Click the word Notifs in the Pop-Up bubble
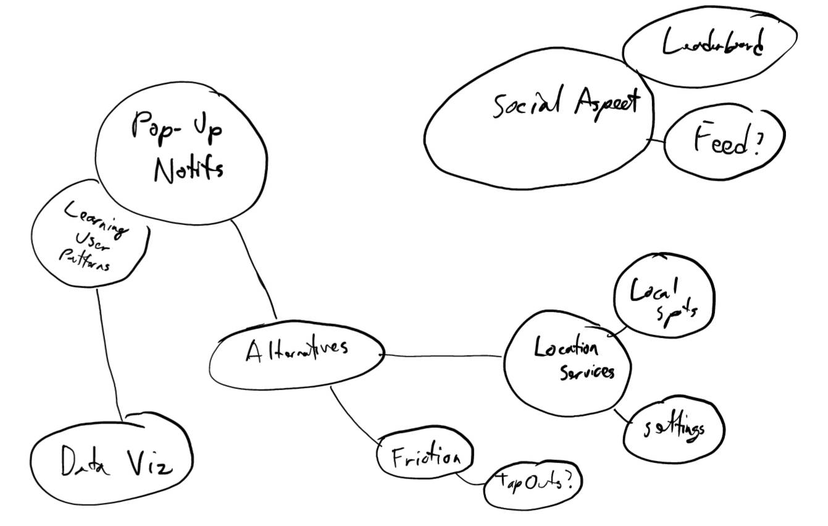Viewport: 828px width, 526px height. point(188,168)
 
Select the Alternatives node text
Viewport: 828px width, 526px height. point(296,349)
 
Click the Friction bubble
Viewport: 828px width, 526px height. point(425,458)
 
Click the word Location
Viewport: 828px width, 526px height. point(566,347)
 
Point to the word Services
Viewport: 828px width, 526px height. point(587,372)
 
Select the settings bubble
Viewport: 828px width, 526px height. point(674,428)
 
